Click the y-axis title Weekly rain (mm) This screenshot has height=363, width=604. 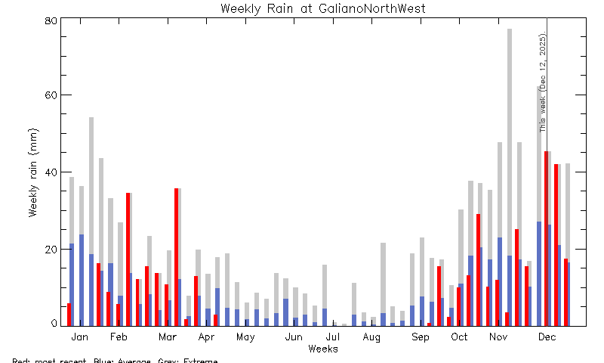click(x=33, y=172)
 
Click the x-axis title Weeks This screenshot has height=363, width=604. click(x=323, y=349)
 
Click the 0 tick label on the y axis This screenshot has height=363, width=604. click(x=54, y=324)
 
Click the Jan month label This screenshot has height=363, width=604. click(x=80, y=337)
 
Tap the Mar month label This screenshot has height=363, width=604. click(x=167, y=337)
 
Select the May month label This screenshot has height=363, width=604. click(x=245, y=337)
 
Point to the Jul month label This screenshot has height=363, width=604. click(x=333, y=337)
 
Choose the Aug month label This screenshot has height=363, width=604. click(x=371, y=337)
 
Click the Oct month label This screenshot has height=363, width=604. click(x=459, y=337)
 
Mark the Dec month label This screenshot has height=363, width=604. click(x=547, y=337)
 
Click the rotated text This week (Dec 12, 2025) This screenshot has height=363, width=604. click(x=542, y=83)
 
